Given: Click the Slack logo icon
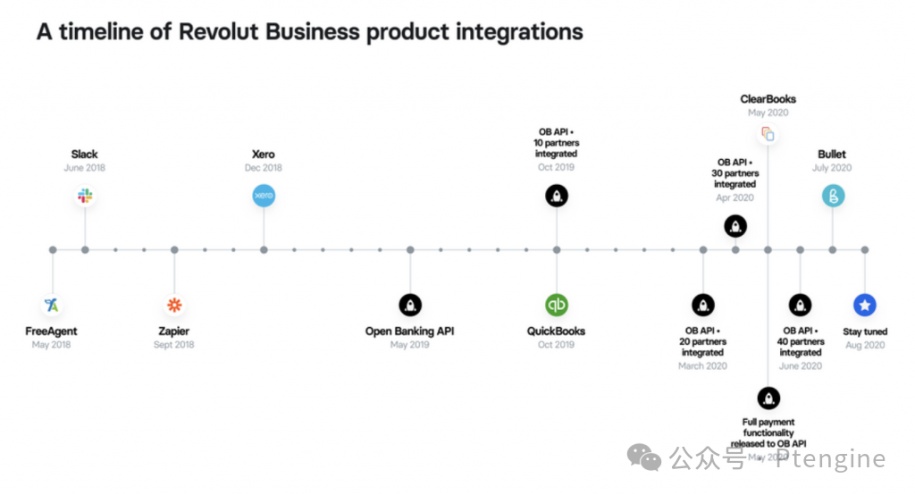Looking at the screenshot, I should (x=85, y=196).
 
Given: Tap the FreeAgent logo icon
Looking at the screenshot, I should (x=52, y=305).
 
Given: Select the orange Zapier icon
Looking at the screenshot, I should (x=174, y=305).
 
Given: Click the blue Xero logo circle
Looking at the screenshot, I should (x=264, y=196).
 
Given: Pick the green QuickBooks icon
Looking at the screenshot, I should (x=557, y=305).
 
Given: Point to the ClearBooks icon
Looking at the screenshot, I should (x=768, y=134).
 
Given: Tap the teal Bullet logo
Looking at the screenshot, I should (x=833, y=196).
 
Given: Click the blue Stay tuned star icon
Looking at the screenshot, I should (x=865, y=305).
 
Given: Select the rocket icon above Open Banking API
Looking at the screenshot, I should (x=410, y=305).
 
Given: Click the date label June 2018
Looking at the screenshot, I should (x=85, y=168).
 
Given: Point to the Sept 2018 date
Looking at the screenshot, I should (x=174, y=345).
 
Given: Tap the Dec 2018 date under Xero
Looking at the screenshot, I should (x=264, y=168).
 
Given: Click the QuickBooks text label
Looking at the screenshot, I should (x=557, y=331).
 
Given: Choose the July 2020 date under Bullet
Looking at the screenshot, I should (x=832, y=168).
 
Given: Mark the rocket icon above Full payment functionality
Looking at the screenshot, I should (x=768, y=398).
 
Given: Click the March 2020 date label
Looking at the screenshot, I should (x=703, y=365).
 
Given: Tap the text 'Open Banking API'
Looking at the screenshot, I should (x=410, y=331).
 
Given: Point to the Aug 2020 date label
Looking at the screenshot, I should (x=865, y=345).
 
